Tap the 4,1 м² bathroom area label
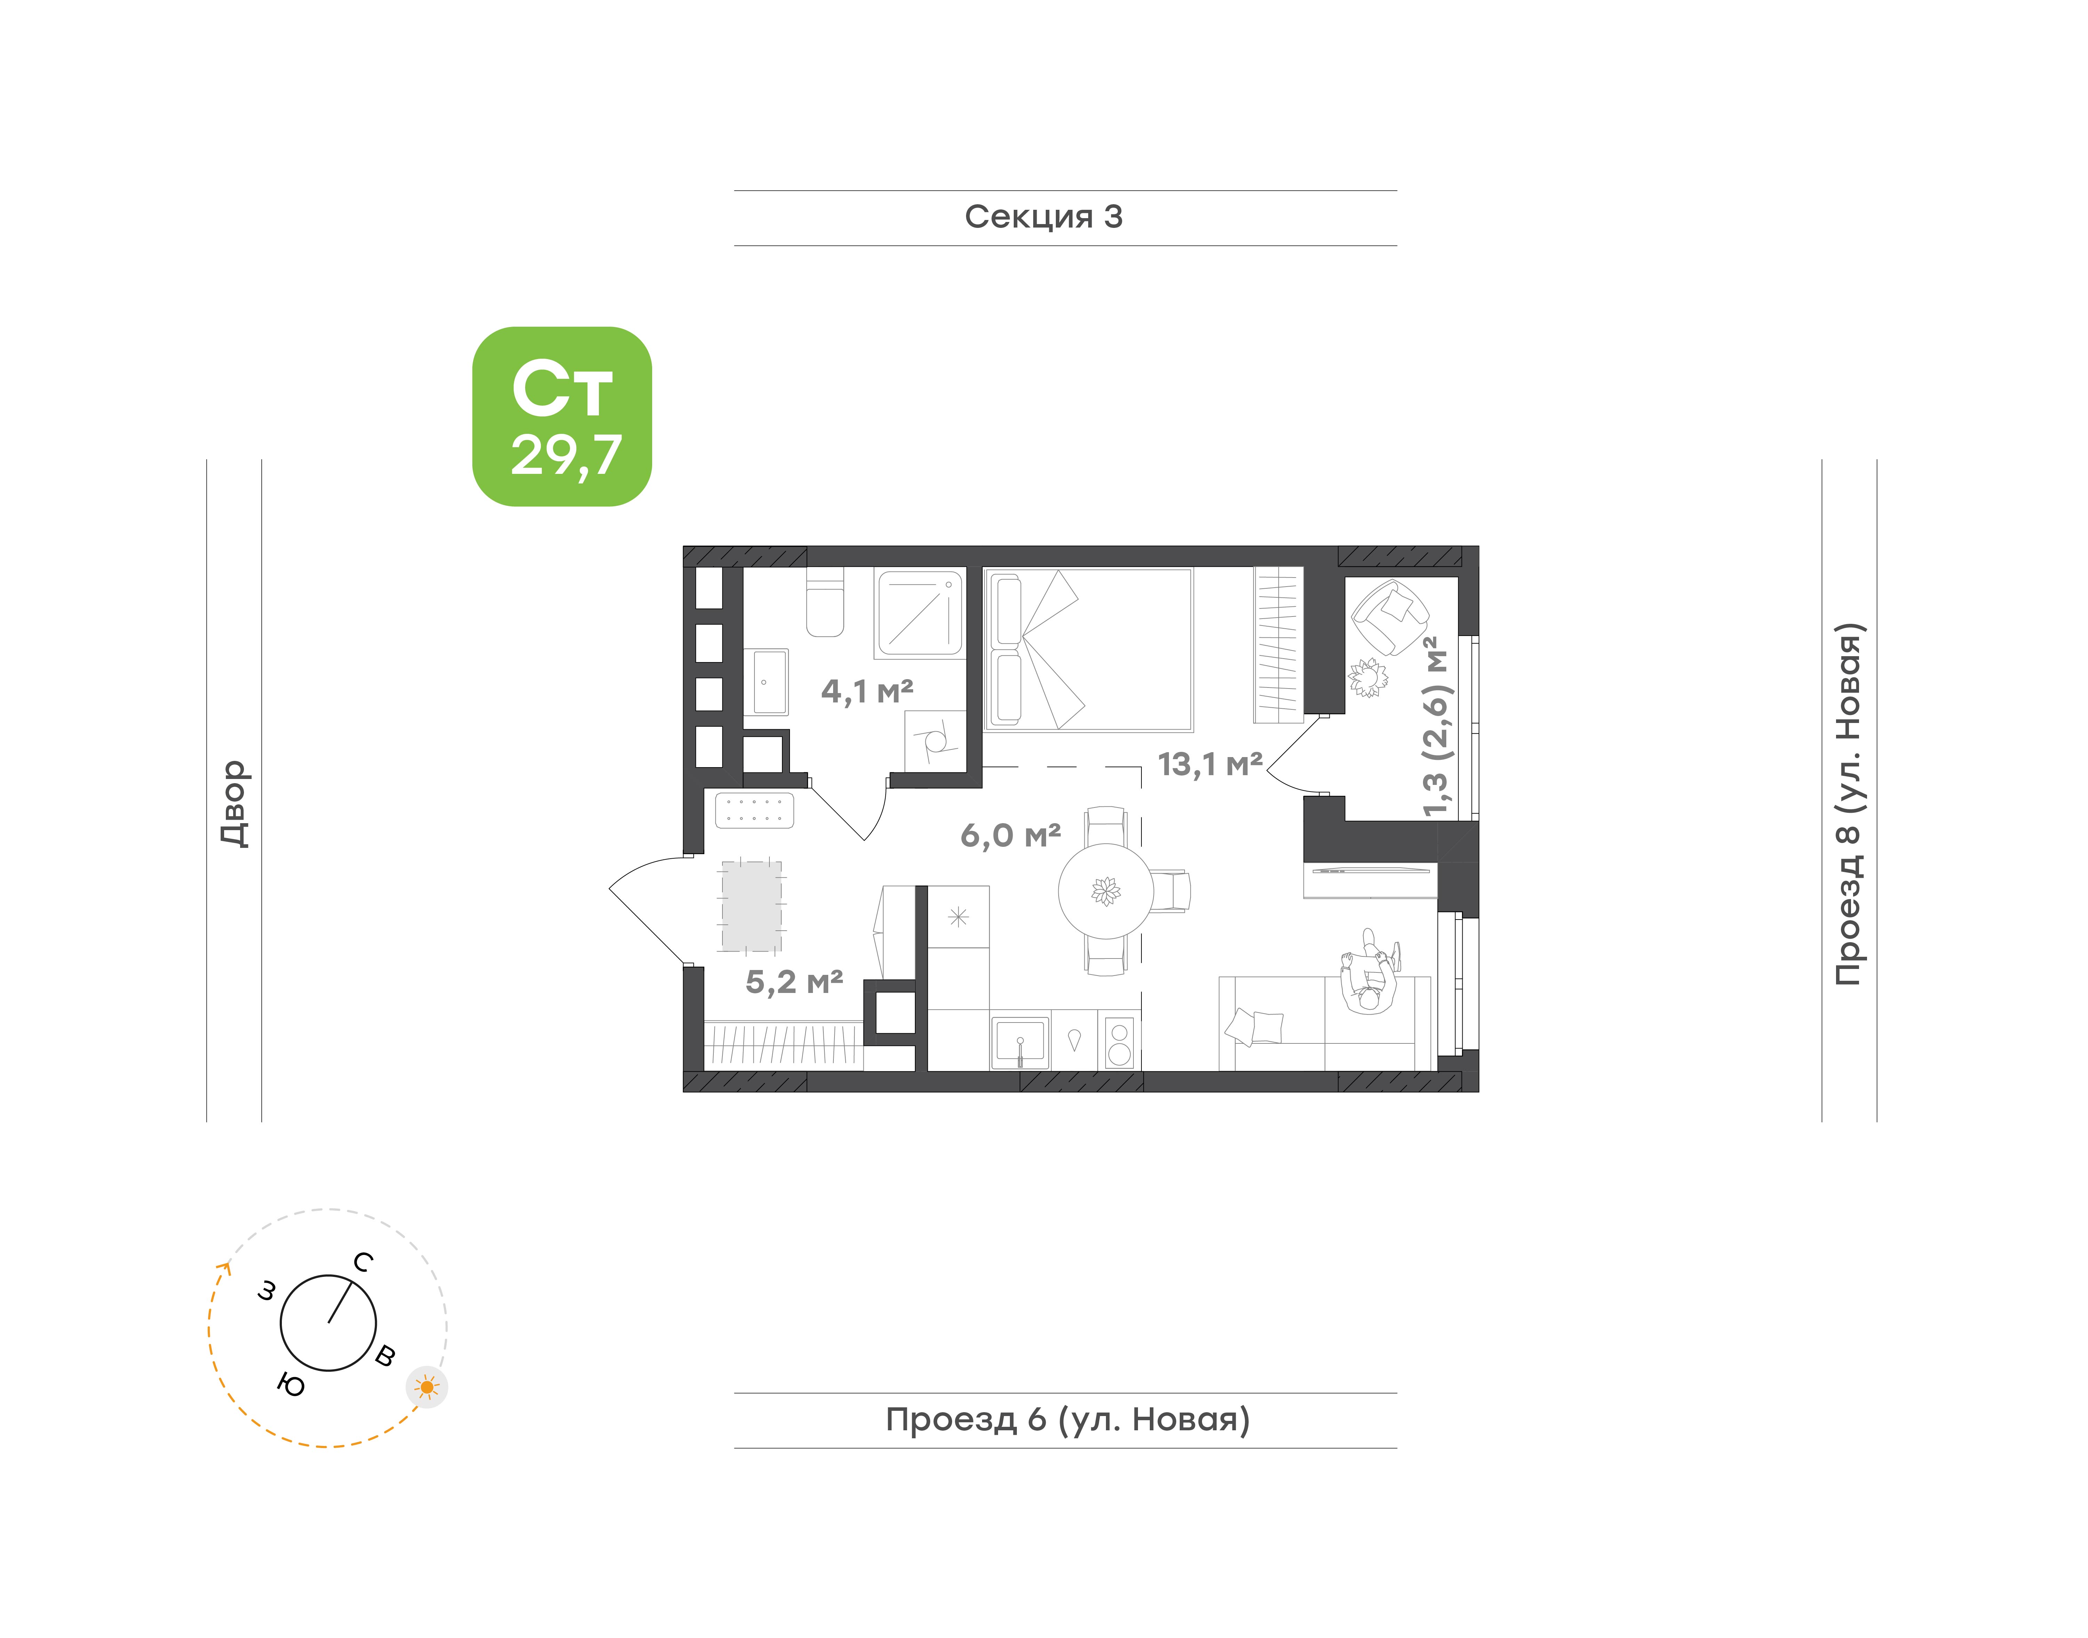[867, 691]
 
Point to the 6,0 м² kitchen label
[1010, 835]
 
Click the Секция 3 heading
[1044, 217]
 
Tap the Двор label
[234, 804]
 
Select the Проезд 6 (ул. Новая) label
[1068, 1420]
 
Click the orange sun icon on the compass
[427, 1387]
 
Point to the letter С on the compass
[363, 1262]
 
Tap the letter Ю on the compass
[291, 1385]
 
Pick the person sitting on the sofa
[1370, 971]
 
